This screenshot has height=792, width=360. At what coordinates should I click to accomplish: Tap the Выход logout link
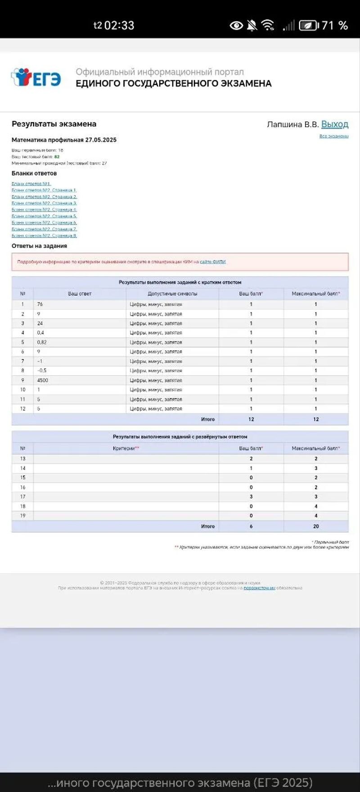pos(334,124)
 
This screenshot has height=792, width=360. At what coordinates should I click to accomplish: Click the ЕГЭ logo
pos(36,77)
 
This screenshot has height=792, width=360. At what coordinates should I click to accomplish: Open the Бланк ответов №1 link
pos(31,184)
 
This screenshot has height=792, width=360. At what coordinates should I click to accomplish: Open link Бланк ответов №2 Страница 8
pos(44,235)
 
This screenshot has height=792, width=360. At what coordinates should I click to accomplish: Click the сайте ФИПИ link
pos(212,262)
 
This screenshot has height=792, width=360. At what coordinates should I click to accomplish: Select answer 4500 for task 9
pos(43,380)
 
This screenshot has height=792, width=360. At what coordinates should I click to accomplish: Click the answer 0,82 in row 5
pos(42,342)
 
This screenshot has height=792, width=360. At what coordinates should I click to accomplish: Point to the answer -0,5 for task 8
pos(42,371)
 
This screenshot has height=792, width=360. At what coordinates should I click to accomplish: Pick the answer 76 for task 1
pos(40,304)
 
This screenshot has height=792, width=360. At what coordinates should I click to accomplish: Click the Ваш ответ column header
pos(80,294)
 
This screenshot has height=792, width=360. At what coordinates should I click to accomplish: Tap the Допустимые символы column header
pos(172,294)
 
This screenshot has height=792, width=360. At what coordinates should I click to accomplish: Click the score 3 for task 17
pos(251,497)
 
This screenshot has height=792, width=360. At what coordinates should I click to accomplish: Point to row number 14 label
pos(22,468)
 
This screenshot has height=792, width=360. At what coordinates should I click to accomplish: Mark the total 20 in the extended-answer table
pos(316,526)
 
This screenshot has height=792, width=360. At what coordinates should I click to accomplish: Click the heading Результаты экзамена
pos(54,124)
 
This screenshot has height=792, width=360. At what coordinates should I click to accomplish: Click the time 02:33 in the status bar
pos(119,25)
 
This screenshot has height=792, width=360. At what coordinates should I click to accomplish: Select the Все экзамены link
pos(334,136)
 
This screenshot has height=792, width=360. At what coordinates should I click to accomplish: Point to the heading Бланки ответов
pos(34,173)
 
